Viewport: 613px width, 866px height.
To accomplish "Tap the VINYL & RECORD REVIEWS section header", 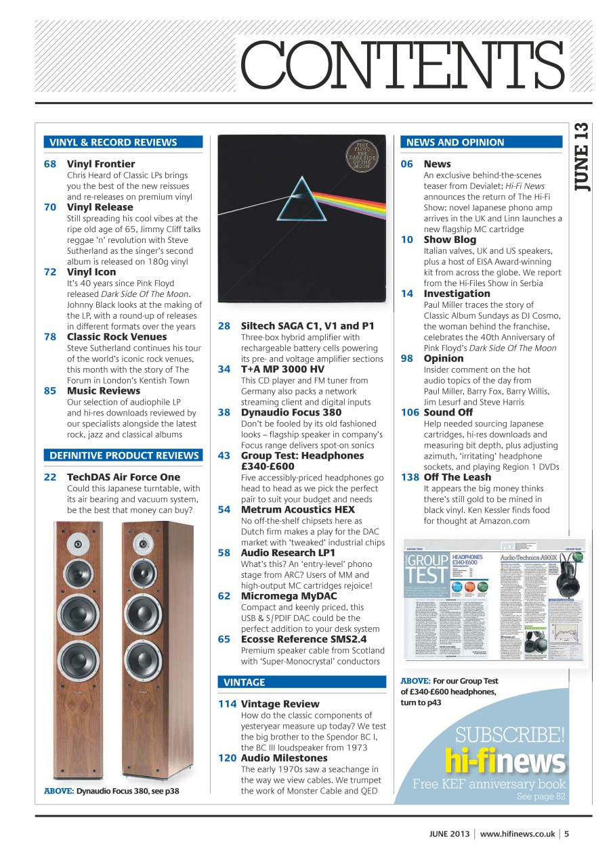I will point(113,142).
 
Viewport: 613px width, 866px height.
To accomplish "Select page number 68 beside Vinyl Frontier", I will point(50,164).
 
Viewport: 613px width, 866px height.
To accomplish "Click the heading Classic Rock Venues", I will point(117,336).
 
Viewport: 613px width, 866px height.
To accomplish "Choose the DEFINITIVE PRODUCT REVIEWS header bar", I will point(123,455).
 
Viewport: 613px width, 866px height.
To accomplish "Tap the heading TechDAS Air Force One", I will point(123,477).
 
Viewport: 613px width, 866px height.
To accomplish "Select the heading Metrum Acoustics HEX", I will point(297,509).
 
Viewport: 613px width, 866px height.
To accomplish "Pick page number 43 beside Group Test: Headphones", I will point(224,455).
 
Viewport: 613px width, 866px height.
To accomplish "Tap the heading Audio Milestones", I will point(284,758).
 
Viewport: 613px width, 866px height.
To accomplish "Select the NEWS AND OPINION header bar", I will point(455,142).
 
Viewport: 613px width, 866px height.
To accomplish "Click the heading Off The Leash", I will point(457,477).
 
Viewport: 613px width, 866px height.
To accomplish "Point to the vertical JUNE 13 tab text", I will point(583,157).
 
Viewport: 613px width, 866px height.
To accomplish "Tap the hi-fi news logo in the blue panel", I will point(505,762).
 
